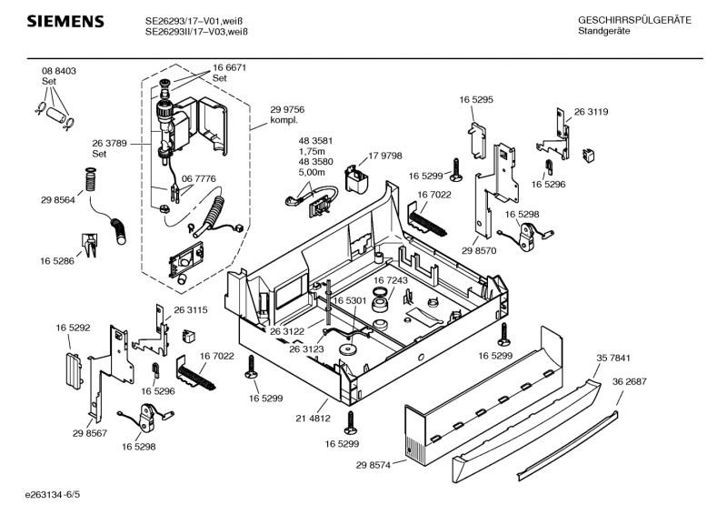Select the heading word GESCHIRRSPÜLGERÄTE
[634, 20]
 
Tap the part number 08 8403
[58, 71]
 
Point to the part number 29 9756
[287, 109]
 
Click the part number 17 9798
[384, 157]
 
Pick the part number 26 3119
[591, 112]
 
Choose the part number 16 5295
[476, 98]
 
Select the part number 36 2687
[629, 381]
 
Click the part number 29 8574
[374, 465]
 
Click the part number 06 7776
[198, 179]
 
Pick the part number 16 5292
[73, 327]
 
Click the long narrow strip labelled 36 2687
[568, 446]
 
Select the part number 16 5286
[57, 261]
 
